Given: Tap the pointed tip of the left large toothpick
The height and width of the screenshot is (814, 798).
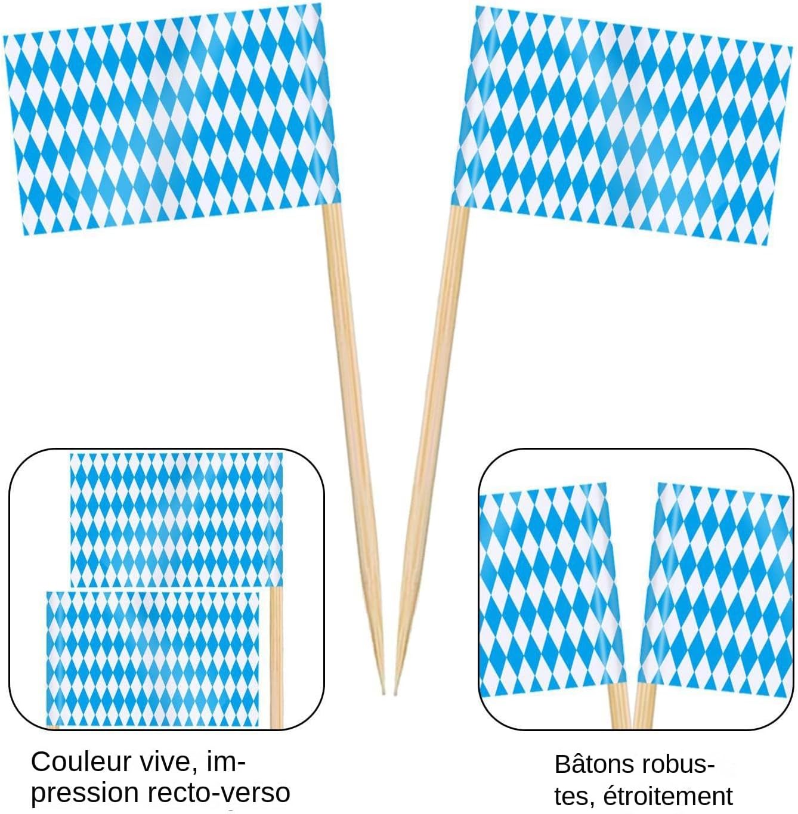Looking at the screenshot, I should (382, 692).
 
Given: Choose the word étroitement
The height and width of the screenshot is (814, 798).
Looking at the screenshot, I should (669, 796).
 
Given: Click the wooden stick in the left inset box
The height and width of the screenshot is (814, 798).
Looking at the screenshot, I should (276, 656).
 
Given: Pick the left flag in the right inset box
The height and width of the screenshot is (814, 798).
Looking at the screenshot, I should (549, 590).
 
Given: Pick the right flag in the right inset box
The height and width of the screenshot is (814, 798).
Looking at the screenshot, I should (716, 590).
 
